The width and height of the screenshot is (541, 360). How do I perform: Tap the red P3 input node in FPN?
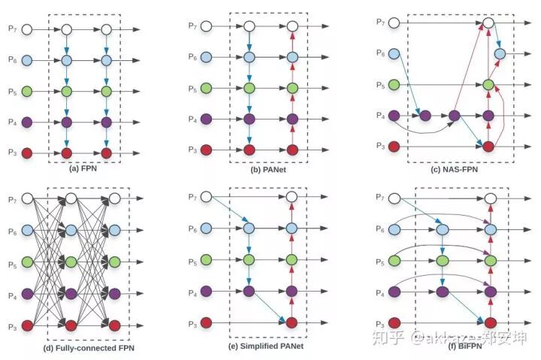[x=27, y=153]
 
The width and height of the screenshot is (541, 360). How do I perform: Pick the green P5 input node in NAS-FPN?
[x=394, y=85]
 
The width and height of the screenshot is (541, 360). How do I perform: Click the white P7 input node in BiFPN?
[x=394, y=198]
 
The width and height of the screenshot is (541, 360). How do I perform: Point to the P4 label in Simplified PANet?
[x=192, y=289]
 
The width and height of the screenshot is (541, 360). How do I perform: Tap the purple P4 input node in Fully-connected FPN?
[x=27, y=294]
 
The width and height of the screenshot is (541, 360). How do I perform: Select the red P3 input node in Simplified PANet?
[x=208, y=322]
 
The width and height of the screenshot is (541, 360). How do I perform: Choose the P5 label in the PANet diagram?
[x=192, y=89]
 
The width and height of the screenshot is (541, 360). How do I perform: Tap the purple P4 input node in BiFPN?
[x=394, y=291]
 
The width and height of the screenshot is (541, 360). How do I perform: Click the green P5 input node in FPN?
[x=27, y=91]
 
